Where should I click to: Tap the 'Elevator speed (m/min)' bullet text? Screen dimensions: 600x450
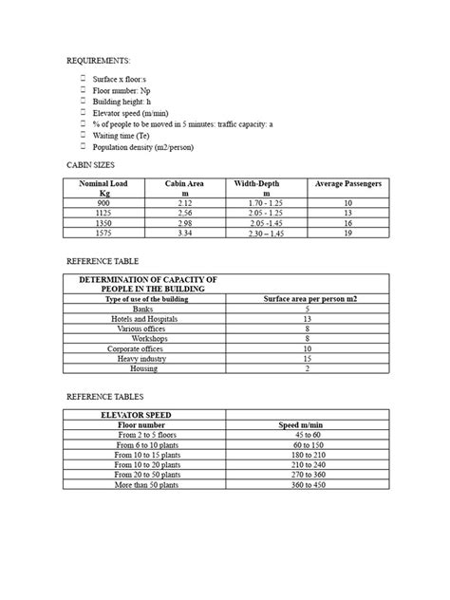pos(128,111)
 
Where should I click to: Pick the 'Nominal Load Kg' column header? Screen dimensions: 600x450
pos(104,187)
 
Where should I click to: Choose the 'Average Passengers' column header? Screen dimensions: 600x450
pos(348,183)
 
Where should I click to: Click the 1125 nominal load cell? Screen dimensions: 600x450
pos(104,213)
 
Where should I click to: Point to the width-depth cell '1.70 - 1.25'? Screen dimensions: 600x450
pos(267,203)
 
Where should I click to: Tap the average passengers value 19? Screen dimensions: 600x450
pos(348,232)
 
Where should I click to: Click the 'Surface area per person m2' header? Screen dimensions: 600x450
pos(308,299)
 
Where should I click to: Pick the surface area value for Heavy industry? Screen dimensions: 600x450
pos(308,358)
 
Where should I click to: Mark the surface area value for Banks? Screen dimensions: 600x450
pos(308,309)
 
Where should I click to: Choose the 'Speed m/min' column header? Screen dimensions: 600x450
pos(308,425)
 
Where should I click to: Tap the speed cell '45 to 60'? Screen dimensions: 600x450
pos(308,436)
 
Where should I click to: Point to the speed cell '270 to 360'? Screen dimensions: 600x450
pos(308,475)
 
